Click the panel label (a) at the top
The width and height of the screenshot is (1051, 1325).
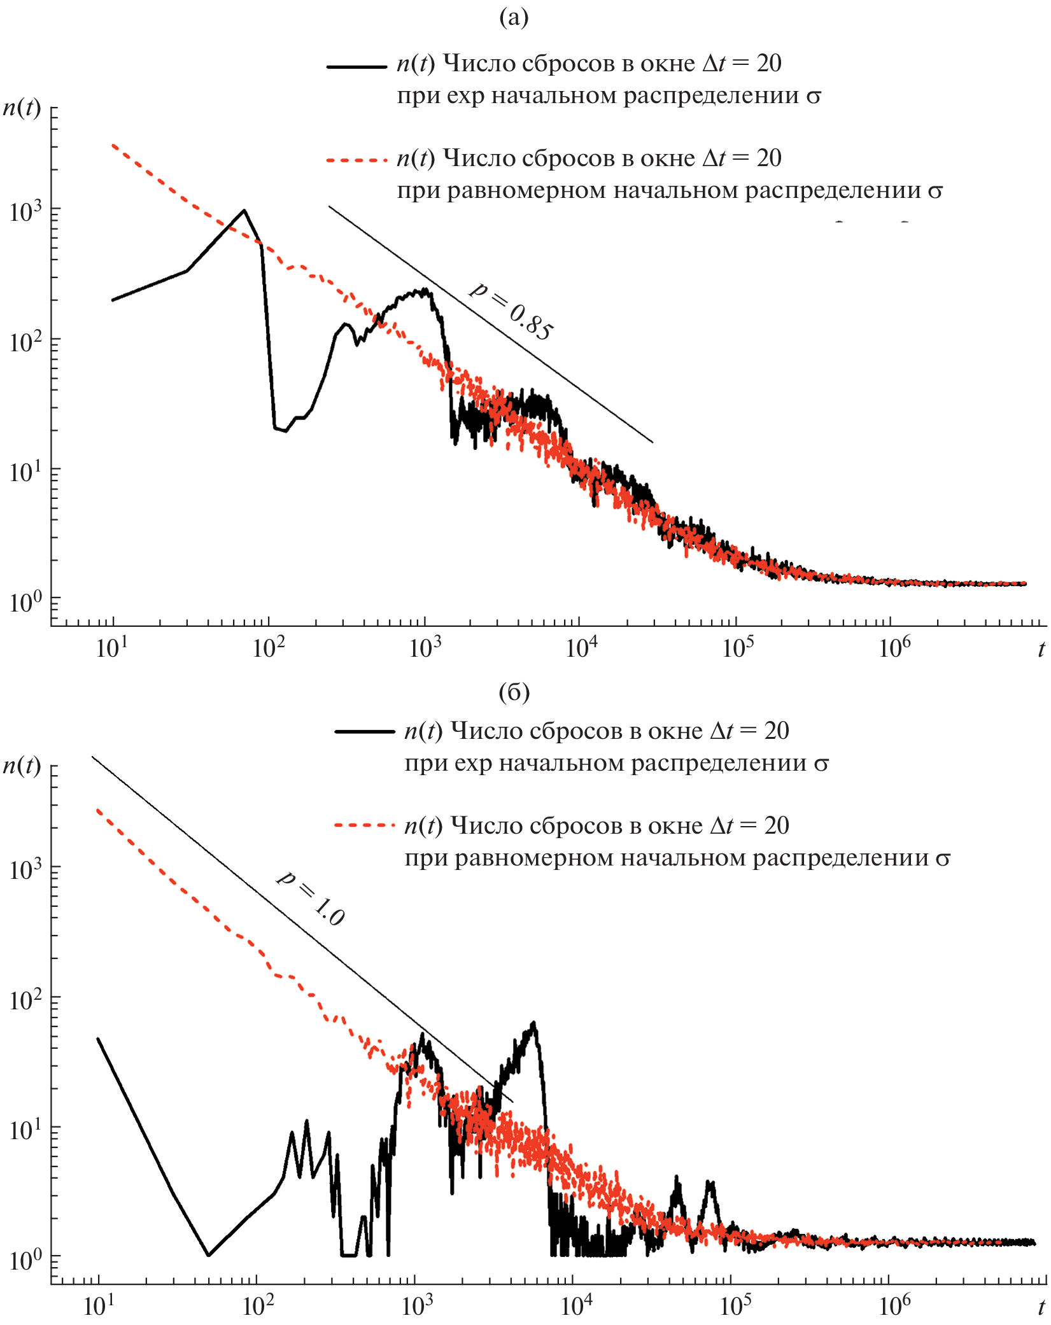[x=514, y=18]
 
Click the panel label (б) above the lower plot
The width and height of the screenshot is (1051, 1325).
[x=514, y=692]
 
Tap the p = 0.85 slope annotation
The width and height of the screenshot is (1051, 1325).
[x=512, y=312]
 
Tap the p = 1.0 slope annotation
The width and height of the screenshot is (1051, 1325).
[x=311, y=898]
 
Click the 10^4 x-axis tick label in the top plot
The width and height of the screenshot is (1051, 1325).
[x=582, y=648]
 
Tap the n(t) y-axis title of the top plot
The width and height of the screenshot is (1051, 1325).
[x=22, y=108]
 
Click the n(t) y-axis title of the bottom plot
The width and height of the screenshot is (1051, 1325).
[x=22, y=764]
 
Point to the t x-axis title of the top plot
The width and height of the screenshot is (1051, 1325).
[x=1041, y=649]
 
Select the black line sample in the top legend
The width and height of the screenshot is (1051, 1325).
[x=356, y=66]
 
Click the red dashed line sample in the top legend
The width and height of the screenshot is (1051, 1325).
[x=356, y=160]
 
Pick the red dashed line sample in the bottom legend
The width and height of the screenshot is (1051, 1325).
[x=364, y=825]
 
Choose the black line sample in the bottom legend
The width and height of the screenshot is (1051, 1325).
[x=364, y=732]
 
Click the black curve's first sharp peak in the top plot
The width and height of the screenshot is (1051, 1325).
[x=244, y=211]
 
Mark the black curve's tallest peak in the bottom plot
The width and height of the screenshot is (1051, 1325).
[x=534, y=1023]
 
